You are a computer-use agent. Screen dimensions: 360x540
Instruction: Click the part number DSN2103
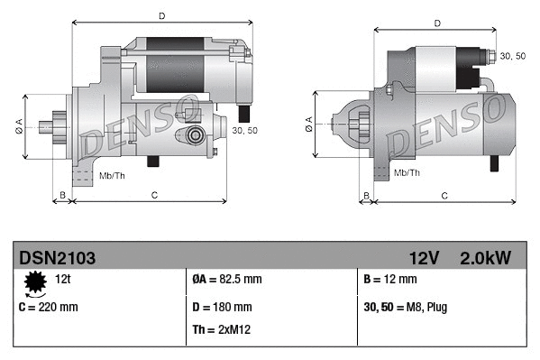(x=57, y=258)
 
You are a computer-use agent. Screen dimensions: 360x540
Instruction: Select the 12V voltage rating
(x=423, y=258)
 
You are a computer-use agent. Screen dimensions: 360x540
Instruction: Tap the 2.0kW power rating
(x=486, y=258)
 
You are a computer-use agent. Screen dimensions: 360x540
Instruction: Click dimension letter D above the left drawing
(x=161, y=16)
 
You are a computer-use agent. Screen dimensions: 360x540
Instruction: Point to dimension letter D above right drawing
(x=436, y=24)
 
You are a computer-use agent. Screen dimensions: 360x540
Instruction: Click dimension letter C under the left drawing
(x=154, y=194)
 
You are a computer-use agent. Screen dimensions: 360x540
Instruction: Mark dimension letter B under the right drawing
(x=366, y=195)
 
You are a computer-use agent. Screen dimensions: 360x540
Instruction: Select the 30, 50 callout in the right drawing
(x=512, y=57)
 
